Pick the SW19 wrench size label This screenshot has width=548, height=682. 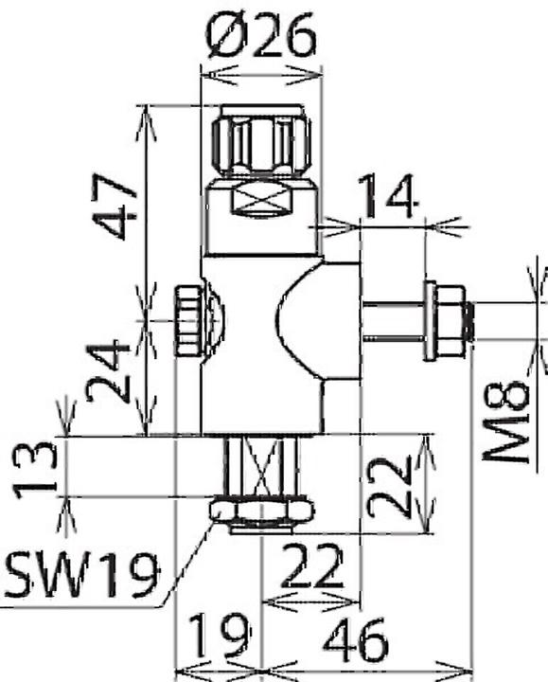tap(81, 572)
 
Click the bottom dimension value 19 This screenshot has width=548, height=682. tap(218, 635)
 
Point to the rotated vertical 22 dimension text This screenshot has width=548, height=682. tap(391, 484)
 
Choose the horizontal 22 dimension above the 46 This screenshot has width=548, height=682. tap(309, 570)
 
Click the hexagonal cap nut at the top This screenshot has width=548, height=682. tap(262, 141)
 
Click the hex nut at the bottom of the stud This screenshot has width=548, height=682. tap(261, 512)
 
